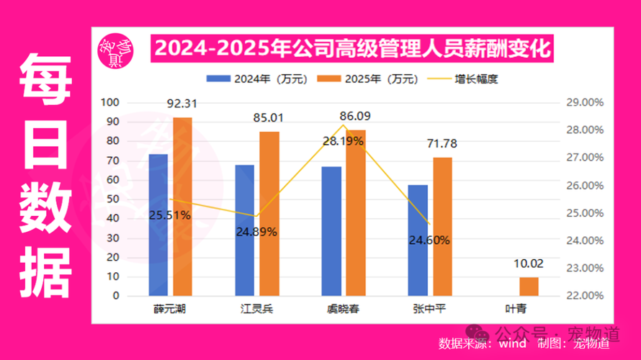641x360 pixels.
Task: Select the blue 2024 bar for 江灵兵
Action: click(245, 230)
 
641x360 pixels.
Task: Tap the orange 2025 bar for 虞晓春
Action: click(356, 212)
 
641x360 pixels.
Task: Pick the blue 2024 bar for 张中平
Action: click(418, 240)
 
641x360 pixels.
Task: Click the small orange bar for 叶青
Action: click(529, 287)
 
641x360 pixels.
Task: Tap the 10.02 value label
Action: click(529, 265)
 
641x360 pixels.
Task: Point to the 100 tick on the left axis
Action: click(109, 102)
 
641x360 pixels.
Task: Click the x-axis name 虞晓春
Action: click(341, 310)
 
